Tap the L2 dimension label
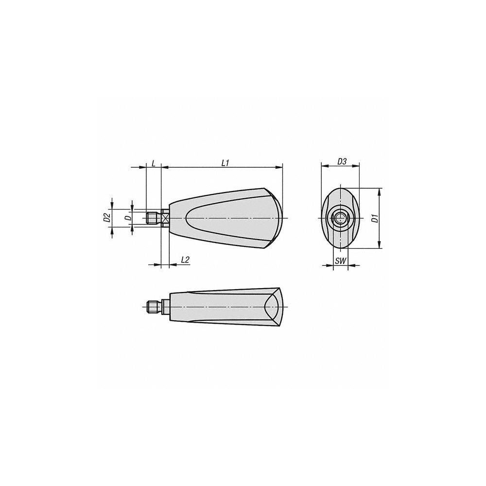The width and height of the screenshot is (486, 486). pyautogui.click(x=185, y=260)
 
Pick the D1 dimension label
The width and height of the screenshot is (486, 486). pyautogui.click(x=374, y=218)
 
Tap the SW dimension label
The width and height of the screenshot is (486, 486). pyautogui.click(x=341, y=261)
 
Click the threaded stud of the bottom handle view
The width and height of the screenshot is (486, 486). pyautogui.click(x=153, y=307)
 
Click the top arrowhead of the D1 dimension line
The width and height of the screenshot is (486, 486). pyautogui.click(x=379, y=191)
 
